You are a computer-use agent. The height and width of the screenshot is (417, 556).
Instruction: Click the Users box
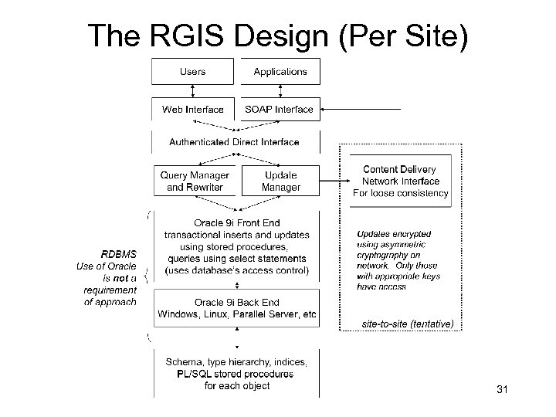pos(192,72)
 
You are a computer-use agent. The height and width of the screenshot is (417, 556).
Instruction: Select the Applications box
pos(280,72)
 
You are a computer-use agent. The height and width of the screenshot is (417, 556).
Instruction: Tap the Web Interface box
pos(192,110)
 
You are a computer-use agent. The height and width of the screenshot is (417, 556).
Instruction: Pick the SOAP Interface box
pos(279,110)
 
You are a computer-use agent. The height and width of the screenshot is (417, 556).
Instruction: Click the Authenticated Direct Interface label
pos(234,142)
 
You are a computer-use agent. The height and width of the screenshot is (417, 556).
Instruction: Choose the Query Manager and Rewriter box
pos(195,181)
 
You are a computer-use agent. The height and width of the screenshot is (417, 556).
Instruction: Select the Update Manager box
pos(280,181)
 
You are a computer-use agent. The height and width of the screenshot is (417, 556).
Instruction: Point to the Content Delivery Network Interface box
pos(400,181)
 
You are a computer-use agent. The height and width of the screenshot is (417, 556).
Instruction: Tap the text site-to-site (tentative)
pos(408,324)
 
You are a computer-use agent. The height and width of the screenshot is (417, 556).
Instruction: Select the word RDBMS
pos(119,254)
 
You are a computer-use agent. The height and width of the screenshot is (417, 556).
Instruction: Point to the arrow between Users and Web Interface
pos(192,91)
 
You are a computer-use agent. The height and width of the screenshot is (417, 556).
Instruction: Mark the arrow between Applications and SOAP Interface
pos(280,91)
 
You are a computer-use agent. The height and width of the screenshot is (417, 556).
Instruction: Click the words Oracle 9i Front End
pos(236,222)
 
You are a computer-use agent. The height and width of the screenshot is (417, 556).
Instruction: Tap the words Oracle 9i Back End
pos(236,303)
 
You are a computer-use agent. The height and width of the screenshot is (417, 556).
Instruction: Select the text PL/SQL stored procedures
pos(236,374)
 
